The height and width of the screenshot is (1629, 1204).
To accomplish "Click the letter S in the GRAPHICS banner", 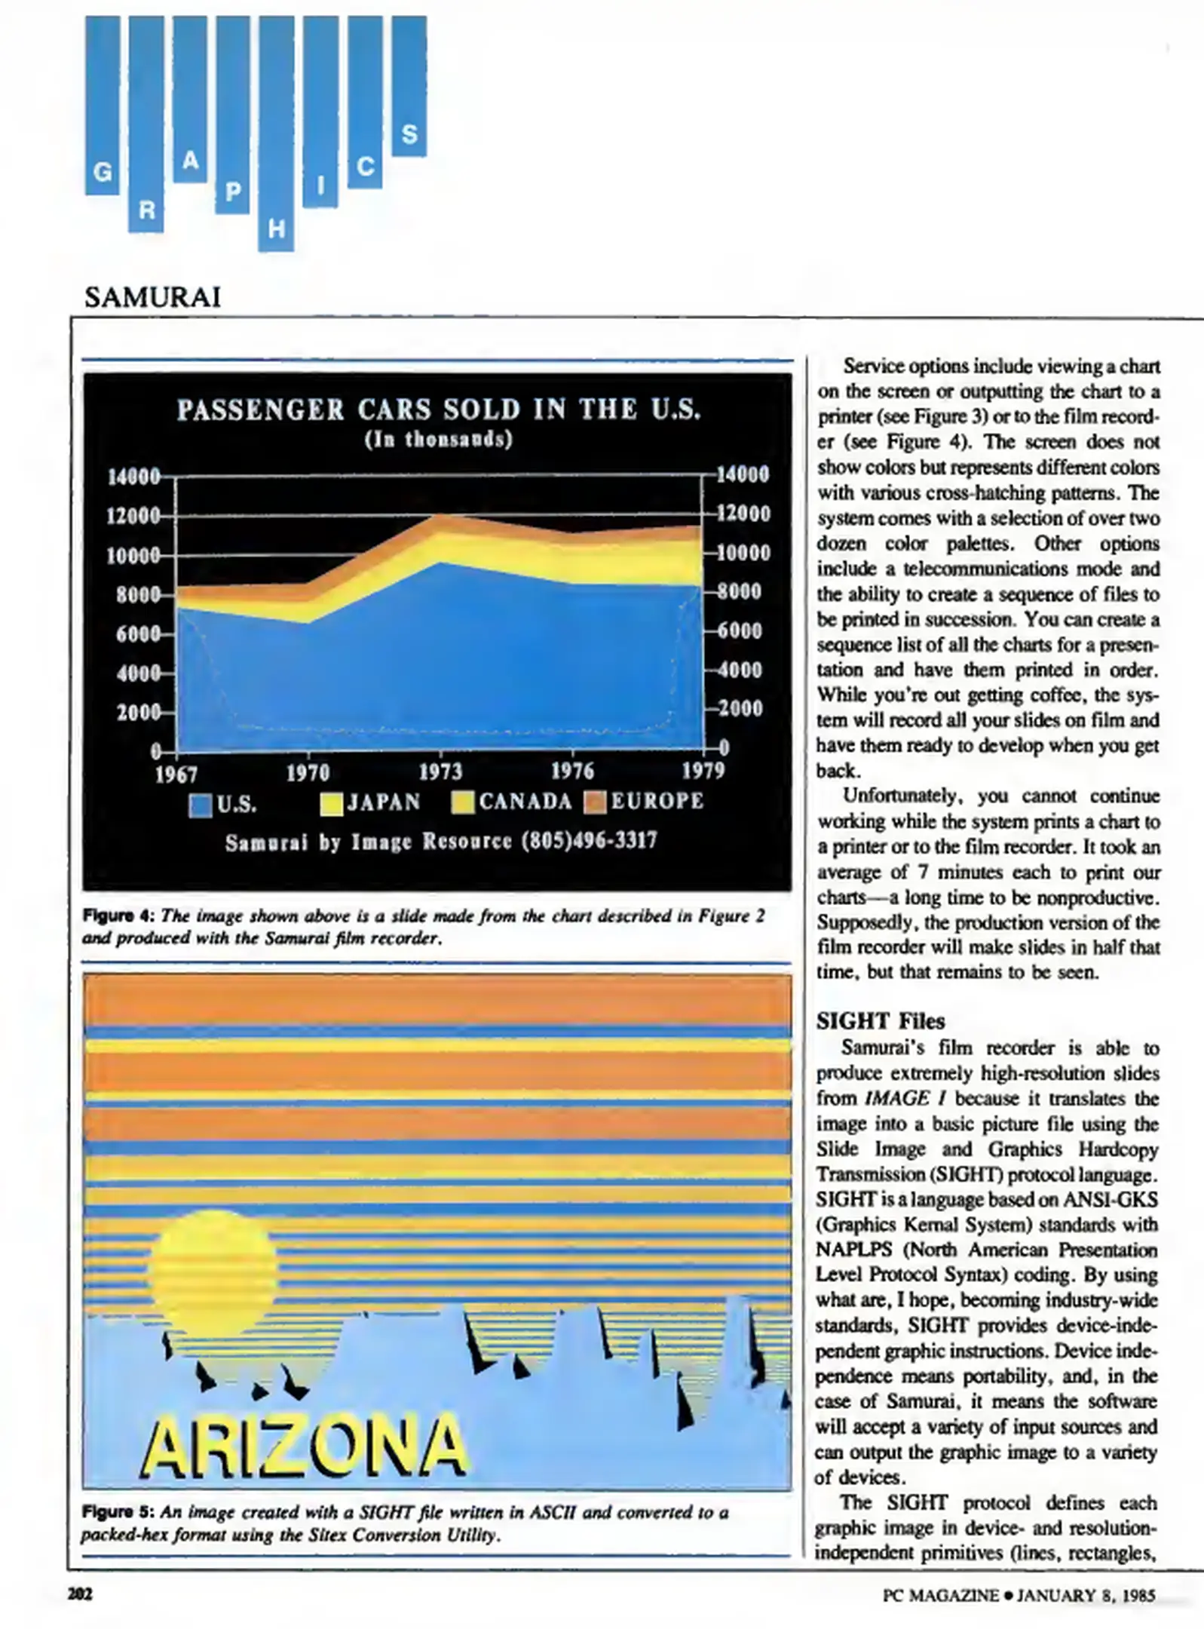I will pos(409,134).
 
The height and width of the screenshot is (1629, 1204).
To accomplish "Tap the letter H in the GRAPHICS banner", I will pos(277,229).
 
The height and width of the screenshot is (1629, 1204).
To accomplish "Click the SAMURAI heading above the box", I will pos(152,298).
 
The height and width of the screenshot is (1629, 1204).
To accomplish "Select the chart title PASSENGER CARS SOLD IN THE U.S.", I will pos(439,410).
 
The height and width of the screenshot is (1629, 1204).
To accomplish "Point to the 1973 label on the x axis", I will pos(440,772).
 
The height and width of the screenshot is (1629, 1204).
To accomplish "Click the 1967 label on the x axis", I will pos(176,775).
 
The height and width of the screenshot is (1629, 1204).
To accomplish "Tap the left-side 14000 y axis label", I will pos(134,477).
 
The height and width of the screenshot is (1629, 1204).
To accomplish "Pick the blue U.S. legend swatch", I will pos(201,805).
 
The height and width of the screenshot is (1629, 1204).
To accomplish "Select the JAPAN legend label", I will pos(384,802).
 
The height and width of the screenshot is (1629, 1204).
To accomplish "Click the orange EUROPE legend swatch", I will pos(596,802).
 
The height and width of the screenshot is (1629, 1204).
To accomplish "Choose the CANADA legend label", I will pos(525,801).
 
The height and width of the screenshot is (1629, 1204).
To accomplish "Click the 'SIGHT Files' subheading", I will pos(880,1021).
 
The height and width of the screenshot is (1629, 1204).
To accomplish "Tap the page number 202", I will pos(80,1594).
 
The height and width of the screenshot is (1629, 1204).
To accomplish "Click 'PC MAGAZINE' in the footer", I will pos(941,1595).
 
